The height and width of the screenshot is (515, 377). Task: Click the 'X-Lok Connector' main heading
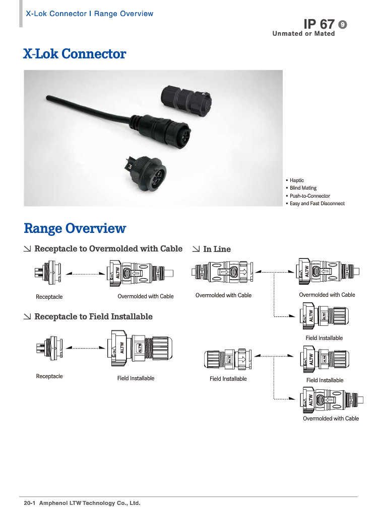point(75,54)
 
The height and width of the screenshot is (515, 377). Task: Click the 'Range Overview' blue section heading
point(75,229)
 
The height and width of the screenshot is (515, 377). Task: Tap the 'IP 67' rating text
point(319,24)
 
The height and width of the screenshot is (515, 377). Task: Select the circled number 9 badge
point(343,24)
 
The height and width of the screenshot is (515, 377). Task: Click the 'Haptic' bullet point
point(296,180)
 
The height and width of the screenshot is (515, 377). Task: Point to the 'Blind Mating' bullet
point(303,188)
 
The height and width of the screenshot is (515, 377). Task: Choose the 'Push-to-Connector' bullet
point(309,196)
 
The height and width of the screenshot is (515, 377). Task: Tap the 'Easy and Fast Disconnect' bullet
point(317,204)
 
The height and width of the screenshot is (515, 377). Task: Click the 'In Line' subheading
point(217,249)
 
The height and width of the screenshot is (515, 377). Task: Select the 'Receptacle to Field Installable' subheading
point(93,317)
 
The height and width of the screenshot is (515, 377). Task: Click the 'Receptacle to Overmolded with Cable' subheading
point(108,249)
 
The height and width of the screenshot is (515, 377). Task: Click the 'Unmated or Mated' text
point(303,34)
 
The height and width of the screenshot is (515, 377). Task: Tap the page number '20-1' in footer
point(29,503)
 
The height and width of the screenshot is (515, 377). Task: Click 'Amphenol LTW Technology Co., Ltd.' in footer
point(90,503)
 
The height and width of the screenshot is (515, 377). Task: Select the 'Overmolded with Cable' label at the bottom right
point(331,418)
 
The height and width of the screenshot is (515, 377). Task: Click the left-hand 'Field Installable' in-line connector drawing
point(228,359)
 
